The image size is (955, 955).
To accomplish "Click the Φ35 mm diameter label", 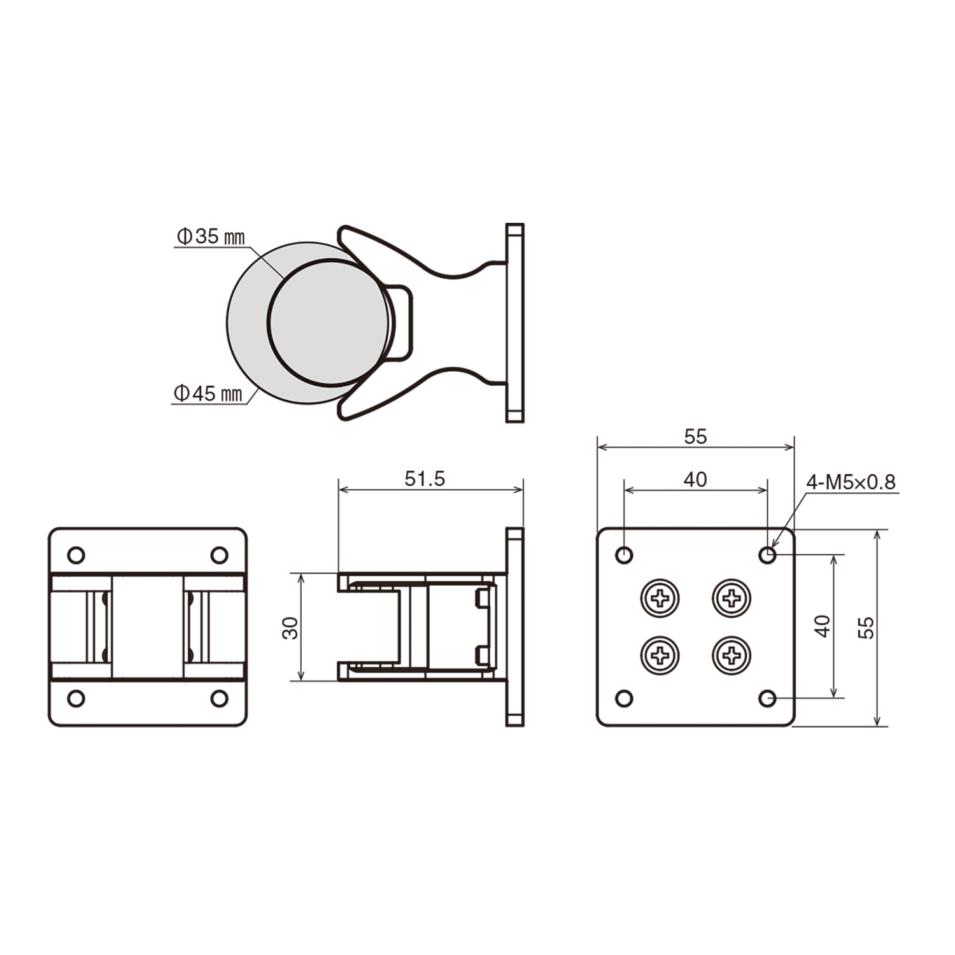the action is click(210, 237).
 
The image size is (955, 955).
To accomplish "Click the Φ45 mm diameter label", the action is click(208, 393).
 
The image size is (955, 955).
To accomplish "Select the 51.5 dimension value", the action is click(425, 479).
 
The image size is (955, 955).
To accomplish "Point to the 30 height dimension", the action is click(291, 627).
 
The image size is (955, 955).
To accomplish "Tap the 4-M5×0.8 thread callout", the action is click(851, 482).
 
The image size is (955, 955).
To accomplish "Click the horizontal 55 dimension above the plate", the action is click(695, 437).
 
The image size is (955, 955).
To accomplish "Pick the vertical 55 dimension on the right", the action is click(866, 627).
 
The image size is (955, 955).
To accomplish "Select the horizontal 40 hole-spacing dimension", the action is click(695, 479).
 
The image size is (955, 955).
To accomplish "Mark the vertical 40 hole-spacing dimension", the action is click(823, 626).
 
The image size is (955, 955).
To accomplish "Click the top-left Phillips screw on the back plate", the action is click(660, 598).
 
